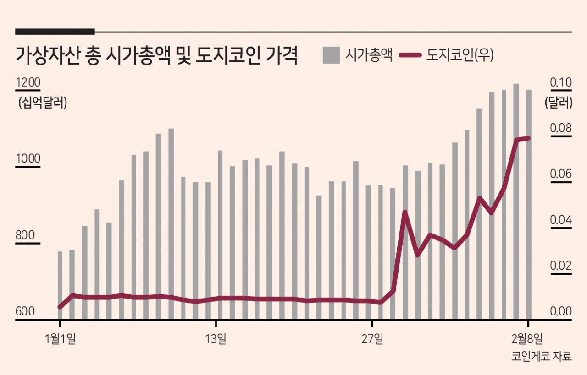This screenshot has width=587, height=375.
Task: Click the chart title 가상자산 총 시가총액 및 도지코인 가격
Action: coord(157,55)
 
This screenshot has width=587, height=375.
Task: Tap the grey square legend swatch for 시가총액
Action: coord(331,55)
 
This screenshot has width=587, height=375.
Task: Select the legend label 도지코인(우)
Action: coord(460,55)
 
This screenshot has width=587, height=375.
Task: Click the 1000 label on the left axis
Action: coord(28,158)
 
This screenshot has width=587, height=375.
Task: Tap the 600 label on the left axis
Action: coord(25,311)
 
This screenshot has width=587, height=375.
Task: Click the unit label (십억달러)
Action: coord(43,102)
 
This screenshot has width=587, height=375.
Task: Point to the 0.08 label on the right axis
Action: coord(561,128)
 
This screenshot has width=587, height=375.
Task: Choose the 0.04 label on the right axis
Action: coord(561,220)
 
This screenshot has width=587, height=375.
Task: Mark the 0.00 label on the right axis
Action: coord(561,311)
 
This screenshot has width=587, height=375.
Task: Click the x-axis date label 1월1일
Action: coord(61,339)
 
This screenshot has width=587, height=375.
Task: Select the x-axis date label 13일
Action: coord(216,339)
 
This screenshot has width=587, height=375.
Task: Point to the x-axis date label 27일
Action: coord(372,339)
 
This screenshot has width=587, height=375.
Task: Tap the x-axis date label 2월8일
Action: coord(527,339)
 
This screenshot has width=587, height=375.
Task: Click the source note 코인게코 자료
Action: coord(542,356)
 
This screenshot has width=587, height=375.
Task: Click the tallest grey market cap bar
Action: coord(516,201)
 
